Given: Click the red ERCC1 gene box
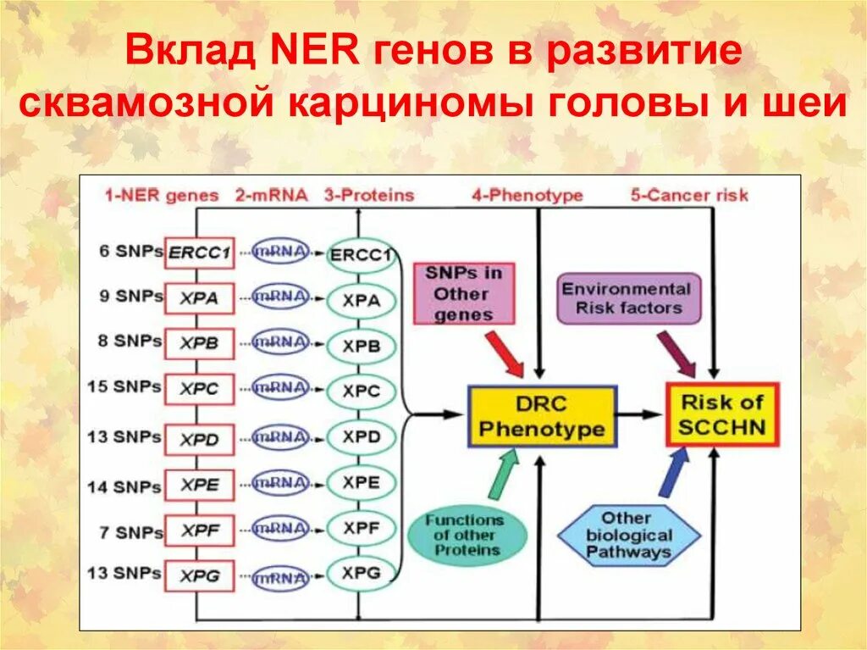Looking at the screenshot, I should tap(199, 253).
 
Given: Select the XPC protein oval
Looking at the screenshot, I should tap(362, 391).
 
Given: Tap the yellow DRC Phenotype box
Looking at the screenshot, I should tap(542, 417).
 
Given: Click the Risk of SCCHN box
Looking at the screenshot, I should tap(722, 414).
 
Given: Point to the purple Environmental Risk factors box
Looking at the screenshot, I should tap(628, 297).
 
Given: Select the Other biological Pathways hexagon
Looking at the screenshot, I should tap(628, 536).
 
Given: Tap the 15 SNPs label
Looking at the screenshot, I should tap(124, 386).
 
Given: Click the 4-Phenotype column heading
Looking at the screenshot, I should tap(527, 195).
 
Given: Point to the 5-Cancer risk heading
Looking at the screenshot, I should tap(689, 195).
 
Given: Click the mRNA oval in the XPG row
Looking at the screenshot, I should tap(279, 578).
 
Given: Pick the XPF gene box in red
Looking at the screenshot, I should tap(199, 531).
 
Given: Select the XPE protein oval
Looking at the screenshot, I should tap(362, 483).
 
